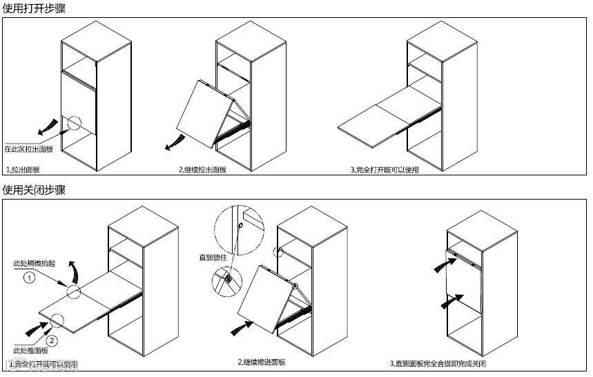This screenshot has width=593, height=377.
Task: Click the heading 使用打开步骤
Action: (35, 8)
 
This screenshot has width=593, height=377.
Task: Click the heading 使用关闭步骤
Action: (35, 190)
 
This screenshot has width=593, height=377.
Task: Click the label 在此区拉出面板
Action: (28, 148)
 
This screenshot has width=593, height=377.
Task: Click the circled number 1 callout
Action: (29, 278)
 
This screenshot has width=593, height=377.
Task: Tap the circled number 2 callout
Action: (51, 340)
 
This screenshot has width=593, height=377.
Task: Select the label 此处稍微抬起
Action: (32, 264)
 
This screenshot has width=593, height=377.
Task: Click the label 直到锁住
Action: (210, 258)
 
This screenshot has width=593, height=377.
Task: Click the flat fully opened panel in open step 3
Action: (376, 124)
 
